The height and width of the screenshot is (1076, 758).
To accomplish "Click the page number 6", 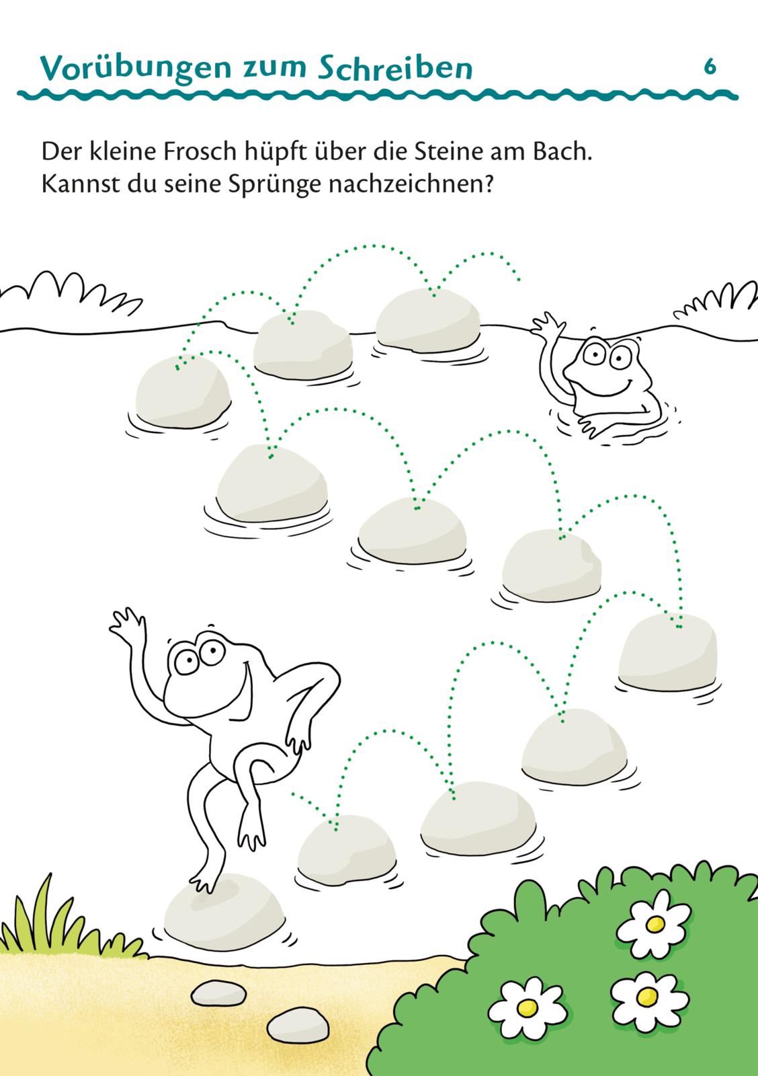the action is click(x=710, y=67).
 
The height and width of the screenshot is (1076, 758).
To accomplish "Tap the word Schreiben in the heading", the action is click(x=395, y=69).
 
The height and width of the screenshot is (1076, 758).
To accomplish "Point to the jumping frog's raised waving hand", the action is click(x=126, y=623).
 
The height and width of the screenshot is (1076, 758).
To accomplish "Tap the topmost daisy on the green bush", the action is click(x=655, y=923).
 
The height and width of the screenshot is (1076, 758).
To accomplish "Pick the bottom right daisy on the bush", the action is click(x=648, y=997).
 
